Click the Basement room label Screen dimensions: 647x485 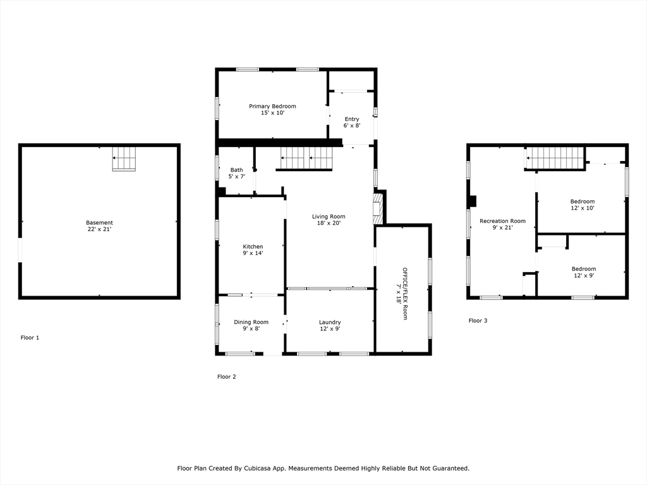tap(99, 226)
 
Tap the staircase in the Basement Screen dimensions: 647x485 tap(124, 159)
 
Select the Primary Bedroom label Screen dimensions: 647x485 tap(272, 109)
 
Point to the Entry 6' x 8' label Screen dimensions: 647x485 tap(352, 122)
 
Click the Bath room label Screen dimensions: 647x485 tap(237, 173)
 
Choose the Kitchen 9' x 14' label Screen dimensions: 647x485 tap(253, 250)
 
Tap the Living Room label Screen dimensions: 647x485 tap(329, 219)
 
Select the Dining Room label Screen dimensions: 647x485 tap(251, 325)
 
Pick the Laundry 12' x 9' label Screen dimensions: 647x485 tap(330, 325)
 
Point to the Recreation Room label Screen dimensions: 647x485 tap(502, 224)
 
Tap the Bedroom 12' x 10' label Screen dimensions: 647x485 tap(583, 205)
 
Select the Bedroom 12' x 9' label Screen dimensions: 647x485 tap(583, 272)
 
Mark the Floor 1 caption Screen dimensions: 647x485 tap(30, 337)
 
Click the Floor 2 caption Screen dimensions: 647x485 tap(227, 376)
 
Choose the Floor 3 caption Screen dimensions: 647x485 tap(478, 320)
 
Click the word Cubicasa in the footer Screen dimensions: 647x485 tap(258, 468)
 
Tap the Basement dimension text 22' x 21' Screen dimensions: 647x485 tap(99, 229)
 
